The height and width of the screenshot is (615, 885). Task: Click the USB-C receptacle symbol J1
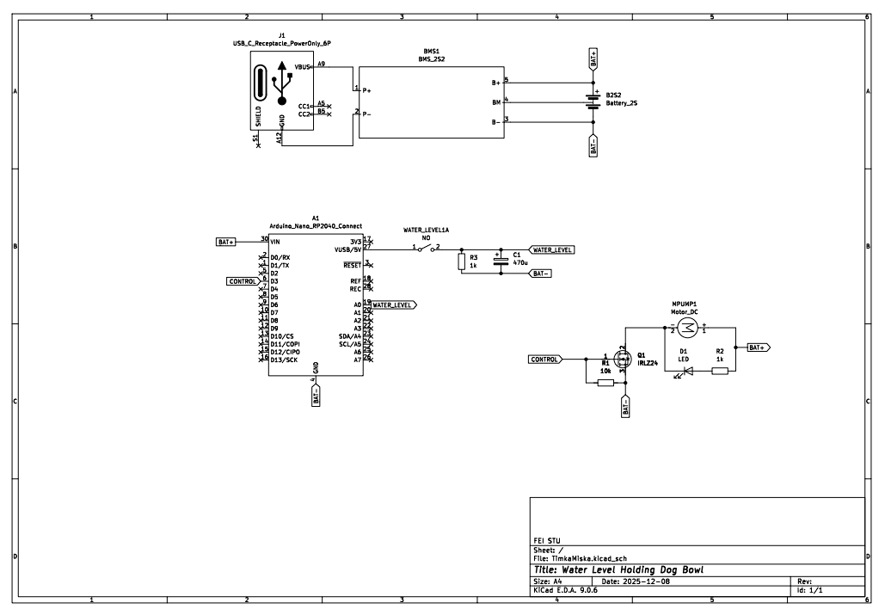coord(282,90)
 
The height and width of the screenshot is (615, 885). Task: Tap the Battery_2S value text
coord(622,102)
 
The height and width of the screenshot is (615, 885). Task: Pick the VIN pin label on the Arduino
coord(275,243)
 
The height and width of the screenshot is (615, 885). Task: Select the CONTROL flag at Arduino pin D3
coord(242,281)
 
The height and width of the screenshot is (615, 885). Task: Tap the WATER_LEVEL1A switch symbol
coord(425,249)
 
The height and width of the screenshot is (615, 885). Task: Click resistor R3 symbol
coord(461,261)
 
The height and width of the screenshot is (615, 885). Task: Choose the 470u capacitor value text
coord(519,262)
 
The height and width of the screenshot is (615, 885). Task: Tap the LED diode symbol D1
coord(688,371)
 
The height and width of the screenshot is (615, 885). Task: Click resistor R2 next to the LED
coord(720,371)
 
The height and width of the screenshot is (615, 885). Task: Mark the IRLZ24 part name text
coord(647,364)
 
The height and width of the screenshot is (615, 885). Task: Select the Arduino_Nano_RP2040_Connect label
coord(316,225)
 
